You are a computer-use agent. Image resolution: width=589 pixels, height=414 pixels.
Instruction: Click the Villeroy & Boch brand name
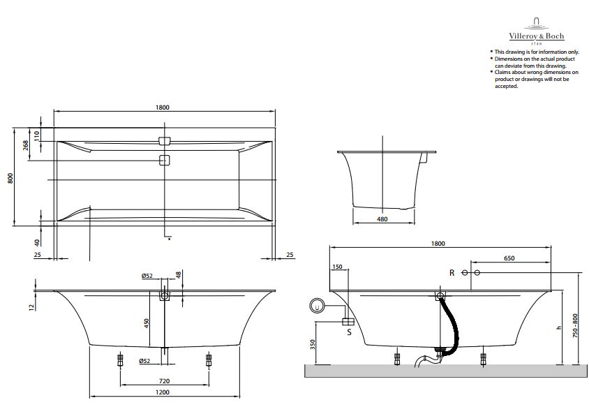tap(537, 36)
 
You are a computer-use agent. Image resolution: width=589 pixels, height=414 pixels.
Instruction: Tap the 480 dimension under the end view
tap(382, 219)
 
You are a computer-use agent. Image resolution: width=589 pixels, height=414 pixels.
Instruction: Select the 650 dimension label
tap(509, 258)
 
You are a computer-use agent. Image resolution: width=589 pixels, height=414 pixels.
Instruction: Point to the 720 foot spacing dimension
tap(164, 381)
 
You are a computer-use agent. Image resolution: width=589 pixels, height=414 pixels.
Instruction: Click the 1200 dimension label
tap(163, 392)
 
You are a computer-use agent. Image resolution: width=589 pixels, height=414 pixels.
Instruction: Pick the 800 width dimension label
tap(10, 178)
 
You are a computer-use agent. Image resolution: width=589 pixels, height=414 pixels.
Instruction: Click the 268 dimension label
tap(26, 145)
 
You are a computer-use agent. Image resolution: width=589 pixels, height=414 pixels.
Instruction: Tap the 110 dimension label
tap(36, 135)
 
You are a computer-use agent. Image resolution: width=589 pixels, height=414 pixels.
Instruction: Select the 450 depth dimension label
tap(147, 323)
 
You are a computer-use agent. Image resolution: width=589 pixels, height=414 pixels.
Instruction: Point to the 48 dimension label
tap(179, 275)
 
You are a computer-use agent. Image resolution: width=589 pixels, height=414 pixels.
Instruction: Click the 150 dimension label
tap(337, 267)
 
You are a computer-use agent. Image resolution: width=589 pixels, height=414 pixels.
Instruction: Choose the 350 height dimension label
tap(313, 345)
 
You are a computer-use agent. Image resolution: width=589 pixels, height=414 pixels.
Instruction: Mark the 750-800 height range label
tap(576, 326)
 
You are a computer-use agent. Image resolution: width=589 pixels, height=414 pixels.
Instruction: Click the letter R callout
tap(452, 273)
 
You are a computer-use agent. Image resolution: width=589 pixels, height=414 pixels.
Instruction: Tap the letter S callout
tap(350, 332)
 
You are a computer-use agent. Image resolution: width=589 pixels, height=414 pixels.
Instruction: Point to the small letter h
tap(559, 327)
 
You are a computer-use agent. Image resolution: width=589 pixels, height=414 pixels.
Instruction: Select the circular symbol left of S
tap(318, 306)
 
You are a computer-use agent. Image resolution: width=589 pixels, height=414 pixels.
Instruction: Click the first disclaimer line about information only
tap(537, 52)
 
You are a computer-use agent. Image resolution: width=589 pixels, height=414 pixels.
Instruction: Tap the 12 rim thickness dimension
tap(31, 306)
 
